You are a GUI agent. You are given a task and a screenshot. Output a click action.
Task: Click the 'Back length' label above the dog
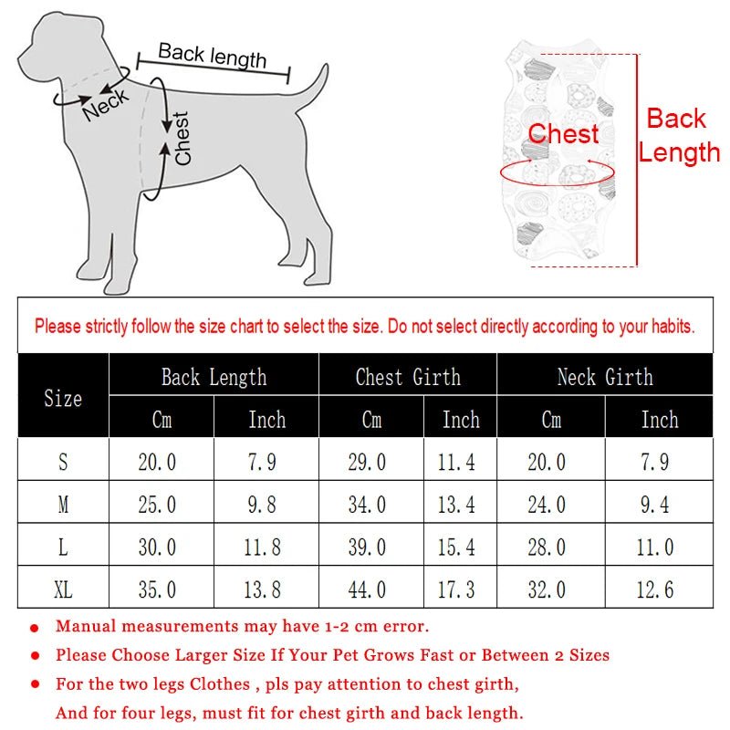point(213,56)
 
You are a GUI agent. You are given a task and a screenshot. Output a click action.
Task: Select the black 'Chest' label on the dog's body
point(182,139)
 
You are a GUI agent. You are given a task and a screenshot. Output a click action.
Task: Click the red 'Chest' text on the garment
point(563,134)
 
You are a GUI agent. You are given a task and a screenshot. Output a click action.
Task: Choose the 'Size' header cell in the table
point(63,399)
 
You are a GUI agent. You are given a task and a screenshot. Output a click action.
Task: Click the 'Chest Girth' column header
point(408,377)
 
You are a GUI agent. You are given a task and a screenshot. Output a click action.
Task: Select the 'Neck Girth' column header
point(605,377)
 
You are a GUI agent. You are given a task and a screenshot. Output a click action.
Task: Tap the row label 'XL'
point(63,589)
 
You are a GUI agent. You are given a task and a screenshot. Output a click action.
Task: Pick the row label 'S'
point(63,463)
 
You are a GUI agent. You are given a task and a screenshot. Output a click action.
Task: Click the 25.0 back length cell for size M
point(157,505)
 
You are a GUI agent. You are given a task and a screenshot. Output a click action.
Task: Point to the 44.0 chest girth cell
point(367,589)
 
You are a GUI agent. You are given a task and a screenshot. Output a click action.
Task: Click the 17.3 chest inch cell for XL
point(456,589)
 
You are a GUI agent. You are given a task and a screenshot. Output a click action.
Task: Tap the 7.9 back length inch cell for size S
point(262,463)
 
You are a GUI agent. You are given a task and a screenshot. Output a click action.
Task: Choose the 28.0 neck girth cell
point(546,547)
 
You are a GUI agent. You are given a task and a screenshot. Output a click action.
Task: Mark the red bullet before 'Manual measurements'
point(35,628)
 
